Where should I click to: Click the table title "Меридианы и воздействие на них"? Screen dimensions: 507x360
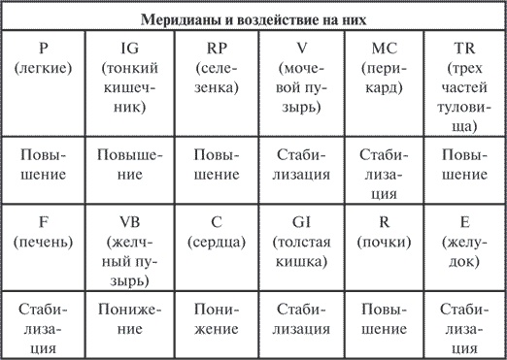(x=253, y=18)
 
